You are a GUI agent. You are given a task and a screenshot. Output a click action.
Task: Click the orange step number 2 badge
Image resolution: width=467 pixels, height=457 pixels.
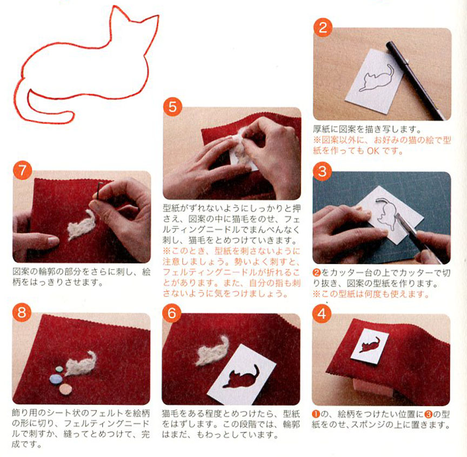(x=323, y=28)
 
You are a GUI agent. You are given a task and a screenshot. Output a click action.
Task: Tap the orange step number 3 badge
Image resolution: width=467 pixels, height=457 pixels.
(x=322, y=171)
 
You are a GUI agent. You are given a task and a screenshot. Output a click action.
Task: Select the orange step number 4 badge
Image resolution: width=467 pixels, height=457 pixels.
(x=322, y=314)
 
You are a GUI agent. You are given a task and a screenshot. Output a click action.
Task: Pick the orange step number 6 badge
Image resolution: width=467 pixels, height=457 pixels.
(x=172, y=313)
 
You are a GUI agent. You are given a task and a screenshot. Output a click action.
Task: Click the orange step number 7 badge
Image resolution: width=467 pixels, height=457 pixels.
(x=22, y=170)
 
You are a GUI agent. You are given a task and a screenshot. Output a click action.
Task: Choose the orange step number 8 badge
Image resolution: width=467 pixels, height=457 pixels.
(x=22, y=313)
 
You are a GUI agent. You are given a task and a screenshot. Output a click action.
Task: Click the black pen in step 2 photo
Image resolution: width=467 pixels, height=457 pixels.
(x=416, y=81)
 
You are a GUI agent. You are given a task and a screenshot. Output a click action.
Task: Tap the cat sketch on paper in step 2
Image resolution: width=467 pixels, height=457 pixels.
(x=377, y=78)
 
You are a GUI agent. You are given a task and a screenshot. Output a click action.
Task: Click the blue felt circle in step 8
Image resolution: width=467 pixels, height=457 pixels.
(x=56, y=379)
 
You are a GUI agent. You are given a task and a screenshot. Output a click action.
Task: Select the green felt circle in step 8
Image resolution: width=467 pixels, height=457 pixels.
(x=59, y=369)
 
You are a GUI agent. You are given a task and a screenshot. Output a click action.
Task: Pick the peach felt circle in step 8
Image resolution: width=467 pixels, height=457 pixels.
(x=65, y=389)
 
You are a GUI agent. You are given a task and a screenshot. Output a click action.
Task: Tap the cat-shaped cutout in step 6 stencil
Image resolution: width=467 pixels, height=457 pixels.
(x=241, y=377)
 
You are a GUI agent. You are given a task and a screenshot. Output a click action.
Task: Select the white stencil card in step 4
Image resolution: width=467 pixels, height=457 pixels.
(x=370, y=346)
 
